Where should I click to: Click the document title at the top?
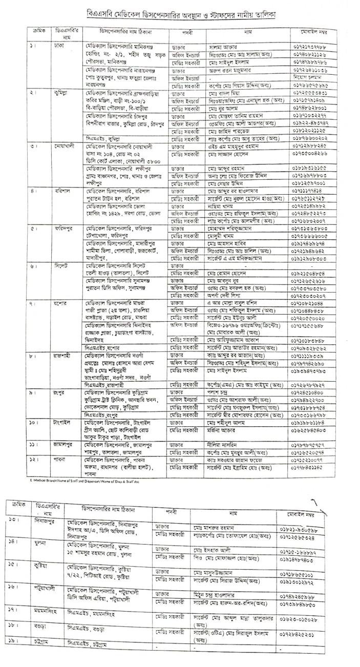pyautogui.click(x=180, y=15)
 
